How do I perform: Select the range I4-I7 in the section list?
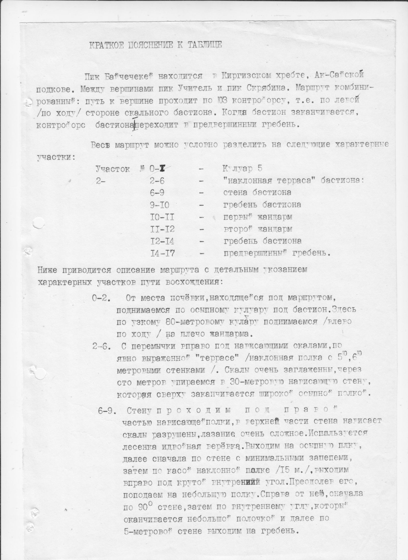[x=162, y=253]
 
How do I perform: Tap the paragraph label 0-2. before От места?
[x=101, y=298]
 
